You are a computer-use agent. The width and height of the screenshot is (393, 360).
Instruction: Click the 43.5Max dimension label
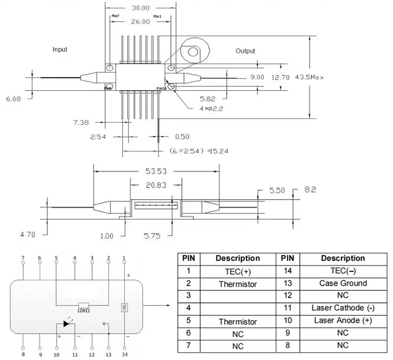point(310,77)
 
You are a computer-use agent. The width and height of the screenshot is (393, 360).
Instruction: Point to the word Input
point(60,49)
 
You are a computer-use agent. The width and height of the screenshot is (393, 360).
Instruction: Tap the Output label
point(245,51)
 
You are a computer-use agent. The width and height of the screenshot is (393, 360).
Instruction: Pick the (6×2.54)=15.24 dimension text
point(193,150)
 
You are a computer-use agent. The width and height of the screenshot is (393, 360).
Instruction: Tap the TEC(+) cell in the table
point(237,271)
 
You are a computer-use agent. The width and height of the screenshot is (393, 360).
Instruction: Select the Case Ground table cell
point(343,283)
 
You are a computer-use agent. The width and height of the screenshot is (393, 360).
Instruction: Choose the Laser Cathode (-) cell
point(343,308)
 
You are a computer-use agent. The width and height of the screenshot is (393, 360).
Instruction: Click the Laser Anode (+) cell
point(343,320)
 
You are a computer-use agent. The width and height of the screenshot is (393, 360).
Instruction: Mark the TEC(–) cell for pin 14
point(343,271)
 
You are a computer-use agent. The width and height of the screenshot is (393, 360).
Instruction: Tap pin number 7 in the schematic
point(23,258)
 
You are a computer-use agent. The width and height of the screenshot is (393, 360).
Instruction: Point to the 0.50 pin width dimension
point(182,137)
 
